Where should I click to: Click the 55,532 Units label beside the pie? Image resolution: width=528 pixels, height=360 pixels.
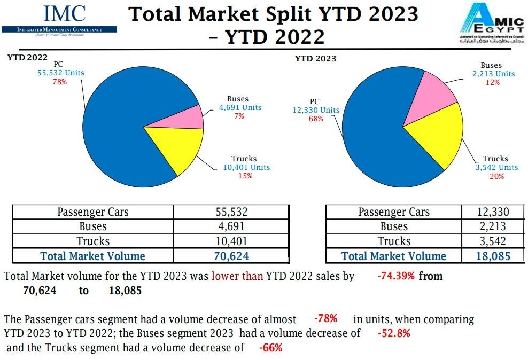click(60, 73)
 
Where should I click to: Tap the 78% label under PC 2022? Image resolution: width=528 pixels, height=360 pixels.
click(59, 82)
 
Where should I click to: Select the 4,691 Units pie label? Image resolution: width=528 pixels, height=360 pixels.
click(240, 107)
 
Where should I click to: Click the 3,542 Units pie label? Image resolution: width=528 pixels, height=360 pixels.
click(496, 167)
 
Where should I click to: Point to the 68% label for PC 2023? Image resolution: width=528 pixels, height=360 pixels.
click(316, 119)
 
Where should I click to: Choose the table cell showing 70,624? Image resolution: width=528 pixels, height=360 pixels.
click(231, 256)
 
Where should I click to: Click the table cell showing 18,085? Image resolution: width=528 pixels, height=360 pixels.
click(493, 256)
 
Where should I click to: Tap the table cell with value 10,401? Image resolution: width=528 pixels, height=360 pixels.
click(231, 241)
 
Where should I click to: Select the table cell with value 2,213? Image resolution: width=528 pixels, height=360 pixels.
click(493, 226)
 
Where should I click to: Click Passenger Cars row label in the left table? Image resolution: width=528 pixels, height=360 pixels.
click(93, 212)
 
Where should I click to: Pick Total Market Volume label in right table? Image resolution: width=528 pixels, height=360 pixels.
click(394, 256)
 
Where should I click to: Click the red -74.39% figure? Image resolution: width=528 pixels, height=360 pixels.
click(396, 276)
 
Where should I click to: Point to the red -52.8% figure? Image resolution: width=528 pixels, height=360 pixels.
click(393, 334)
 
